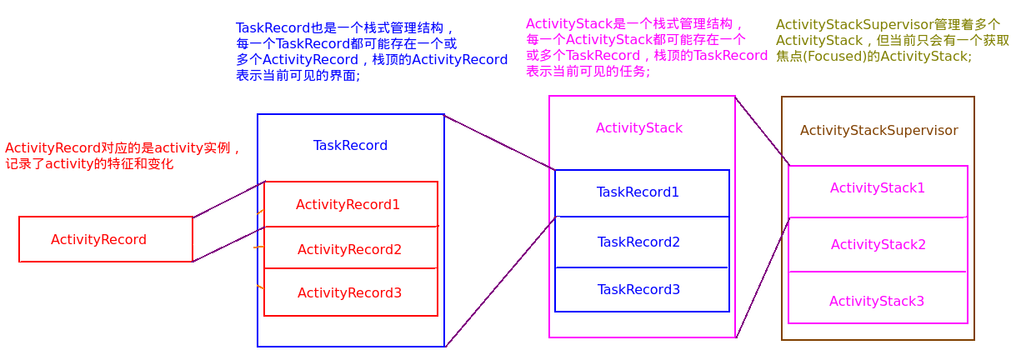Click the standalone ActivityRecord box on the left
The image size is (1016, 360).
(105, 239)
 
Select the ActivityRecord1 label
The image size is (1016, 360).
(348, 204)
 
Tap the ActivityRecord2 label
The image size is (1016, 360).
(349, 249)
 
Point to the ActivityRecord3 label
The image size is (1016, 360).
(349, 292)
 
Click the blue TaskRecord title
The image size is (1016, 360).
(350, 145)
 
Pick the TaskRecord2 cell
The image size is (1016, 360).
(638, 242)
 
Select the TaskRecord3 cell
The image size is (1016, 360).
(638, 289)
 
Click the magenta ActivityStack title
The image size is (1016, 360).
(639, 127)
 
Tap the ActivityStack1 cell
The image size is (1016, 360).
(877, 188)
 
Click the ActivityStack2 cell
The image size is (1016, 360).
(878, 244)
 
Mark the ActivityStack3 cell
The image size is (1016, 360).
(876, 301)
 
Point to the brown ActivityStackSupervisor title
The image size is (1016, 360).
(878, 130)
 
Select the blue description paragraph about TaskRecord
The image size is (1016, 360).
(371, 51)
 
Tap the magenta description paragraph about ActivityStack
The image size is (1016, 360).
(646, 47)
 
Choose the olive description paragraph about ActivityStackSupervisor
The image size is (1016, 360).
(892, 40)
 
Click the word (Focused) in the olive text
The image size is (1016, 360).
(839, 57)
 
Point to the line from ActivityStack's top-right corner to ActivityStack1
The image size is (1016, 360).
(762, 131)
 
